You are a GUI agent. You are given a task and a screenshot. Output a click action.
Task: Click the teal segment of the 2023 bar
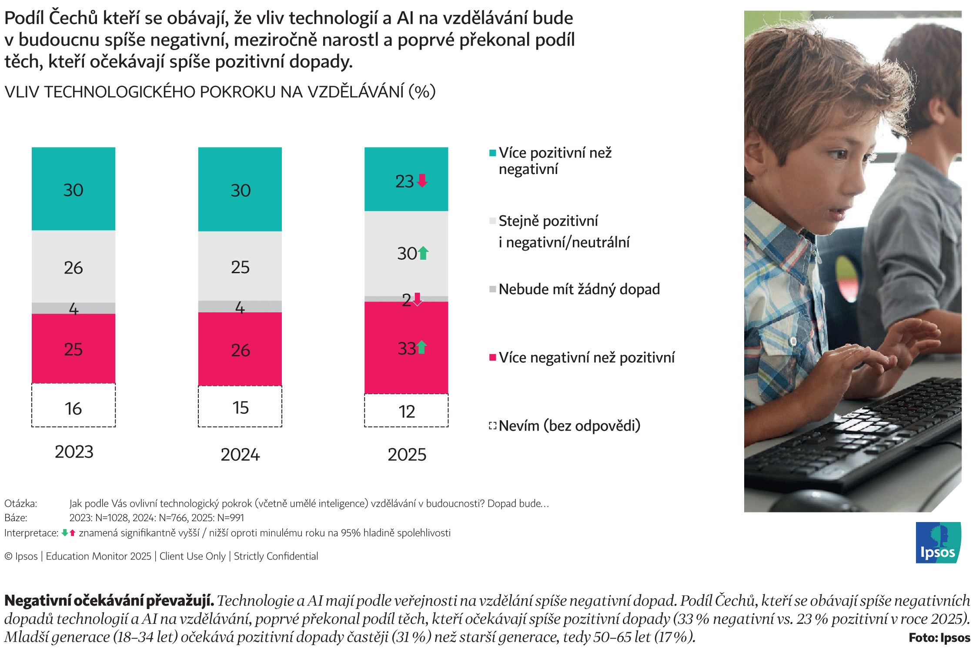pyautogui.click(x=74, y=189)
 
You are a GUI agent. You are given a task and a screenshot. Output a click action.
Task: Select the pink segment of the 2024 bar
pyautogui.click(x=240, y=349)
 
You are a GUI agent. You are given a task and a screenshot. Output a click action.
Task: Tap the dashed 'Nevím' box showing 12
pyautogui.click(x=406, y=411)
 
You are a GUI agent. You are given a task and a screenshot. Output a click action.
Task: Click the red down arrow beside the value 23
pyautogui.click(x=422, y=181)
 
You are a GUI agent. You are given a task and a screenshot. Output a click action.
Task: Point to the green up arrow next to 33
pyautogui.click(x=421, y=347)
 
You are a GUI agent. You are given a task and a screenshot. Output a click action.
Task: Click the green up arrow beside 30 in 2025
pyautogui.click(x=423, y=253)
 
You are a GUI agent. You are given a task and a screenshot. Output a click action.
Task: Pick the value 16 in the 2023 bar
pyautogui.click(x=73, y=409)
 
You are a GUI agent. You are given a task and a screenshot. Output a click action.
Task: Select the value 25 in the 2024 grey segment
pyautogui.click(x=240, y=267)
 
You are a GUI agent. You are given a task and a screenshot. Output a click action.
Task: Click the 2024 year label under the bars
pyautogui.click(x=240, y=455)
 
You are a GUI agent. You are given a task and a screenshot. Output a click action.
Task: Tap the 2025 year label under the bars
pyautogui.click(x=407, y=455)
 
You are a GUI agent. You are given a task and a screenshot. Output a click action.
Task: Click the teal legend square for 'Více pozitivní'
pyautogui.click(x=493, y=153)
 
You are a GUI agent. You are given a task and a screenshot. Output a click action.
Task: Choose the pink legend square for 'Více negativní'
pyautogui.click(x=493, y=358)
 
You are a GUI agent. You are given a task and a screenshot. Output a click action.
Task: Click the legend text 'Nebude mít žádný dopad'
pyautogui.click(x=579, y=289)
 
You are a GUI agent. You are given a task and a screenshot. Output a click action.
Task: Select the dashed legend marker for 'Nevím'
pyautogui.click(x=493, y=425)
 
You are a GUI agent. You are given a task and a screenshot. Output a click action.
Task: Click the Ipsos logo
pyautogui.click(x=939, y=542)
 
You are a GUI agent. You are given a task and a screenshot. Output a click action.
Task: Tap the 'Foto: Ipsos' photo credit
pyautogui.click(x=939, y=638)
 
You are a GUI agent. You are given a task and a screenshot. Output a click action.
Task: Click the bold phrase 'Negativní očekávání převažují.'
pyautogui.click(x=109, y=601)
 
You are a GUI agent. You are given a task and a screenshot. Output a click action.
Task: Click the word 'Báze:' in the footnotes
pyautogui.click(x=16, y=518)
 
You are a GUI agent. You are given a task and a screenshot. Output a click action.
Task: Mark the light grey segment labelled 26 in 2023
pyautogui.click(x=74, y=267)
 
